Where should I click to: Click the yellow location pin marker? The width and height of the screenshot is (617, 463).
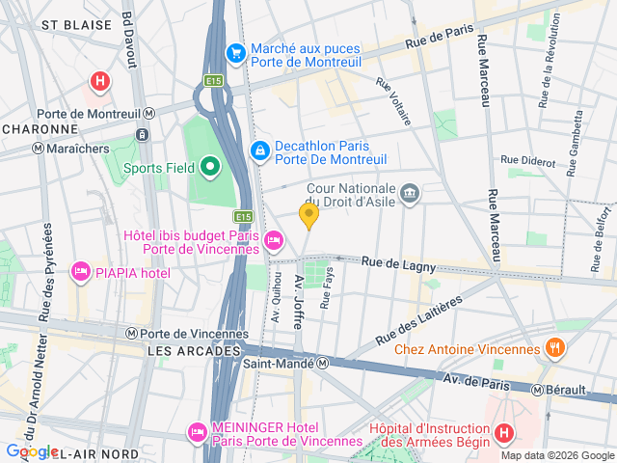(x=308, y=215)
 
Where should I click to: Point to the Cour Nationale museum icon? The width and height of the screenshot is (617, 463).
(x=410, y=194)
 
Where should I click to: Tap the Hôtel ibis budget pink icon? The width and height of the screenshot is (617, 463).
(x=275, y=239)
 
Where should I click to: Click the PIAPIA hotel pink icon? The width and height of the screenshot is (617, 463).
(x=81, y=273)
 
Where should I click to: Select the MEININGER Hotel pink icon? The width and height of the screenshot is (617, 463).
(x=198, y=431)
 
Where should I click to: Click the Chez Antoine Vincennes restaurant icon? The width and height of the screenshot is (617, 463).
(x=554, y=347)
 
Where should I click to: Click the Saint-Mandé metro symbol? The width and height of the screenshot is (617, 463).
(x=325, y=364)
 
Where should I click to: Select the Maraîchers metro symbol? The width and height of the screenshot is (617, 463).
(x=38, y=149)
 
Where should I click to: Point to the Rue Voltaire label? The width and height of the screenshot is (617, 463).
(x=393, y=103)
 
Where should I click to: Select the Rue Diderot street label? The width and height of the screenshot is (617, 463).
(x=527, y=159)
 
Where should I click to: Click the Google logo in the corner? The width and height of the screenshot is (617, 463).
(x=31, y=451)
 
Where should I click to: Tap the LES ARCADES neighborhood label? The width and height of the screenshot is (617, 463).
(x=194, y=352)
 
